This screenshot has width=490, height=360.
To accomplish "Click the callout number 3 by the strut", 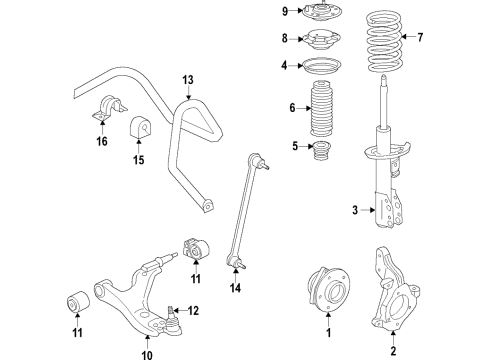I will click(355, 209).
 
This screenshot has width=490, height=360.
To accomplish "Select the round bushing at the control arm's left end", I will click(76, 298).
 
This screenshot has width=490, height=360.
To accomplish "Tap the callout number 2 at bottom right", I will click(394, 351).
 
